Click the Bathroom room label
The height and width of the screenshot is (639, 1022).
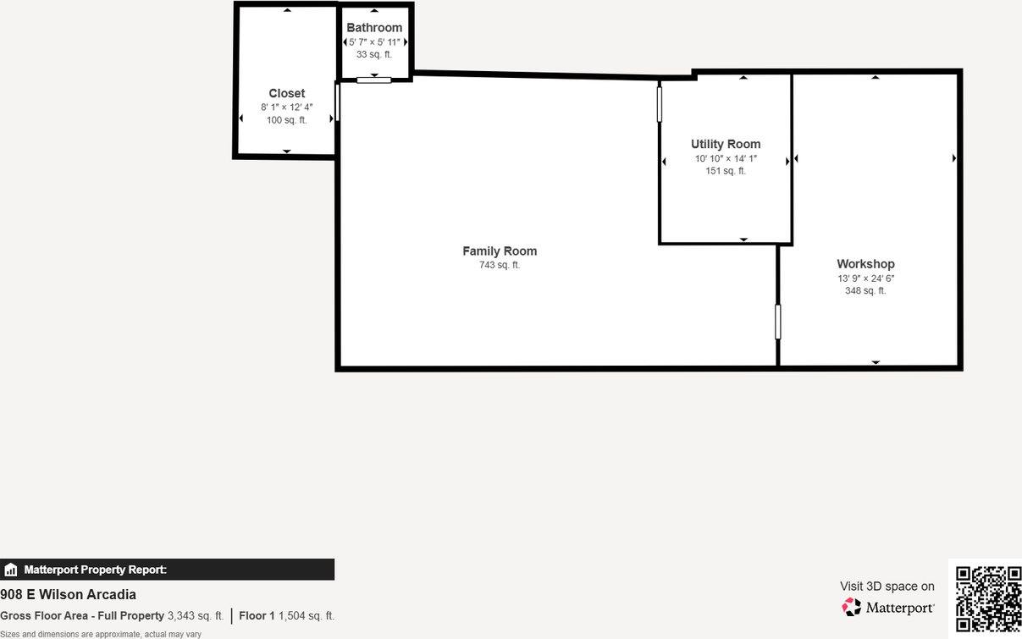[x=374, y=28]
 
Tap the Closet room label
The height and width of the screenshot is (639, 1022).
[x=287, y=94]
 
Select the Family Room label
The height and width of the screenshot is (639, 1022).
[x=500, y=251]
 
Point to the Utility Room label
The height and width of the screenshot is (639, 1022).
[x=726, y=145]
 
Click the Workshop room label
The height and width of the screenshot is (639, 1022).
[x=865, y=264]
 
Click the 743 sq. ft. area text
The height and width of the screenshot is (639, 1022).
[x=500, y=266]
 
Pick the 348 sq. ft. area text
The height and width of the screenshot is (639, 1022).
[x=865, y=291]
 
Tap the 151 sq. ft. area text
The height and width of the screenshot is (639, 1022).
[x=726, y=171]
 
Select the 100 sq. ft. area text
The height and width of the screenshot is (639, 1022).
[x=287, y=120]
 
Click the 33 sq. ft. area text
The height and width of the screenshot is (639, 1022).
[x=374, y=55]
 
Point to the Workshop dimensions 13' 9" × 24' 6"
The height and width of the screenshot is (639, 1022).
[x=865, y=278]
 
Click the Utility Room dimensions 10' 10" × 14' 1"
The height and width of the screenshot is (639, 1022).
[x=726, y=158]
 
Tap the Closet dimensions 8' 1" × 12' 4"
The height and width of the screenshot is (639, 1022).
[x=287, y=107]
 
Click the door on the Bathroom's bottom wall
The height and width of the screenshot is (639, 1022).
[x=373, y=80]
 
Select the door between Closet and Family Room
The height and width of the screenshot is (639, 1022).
[x=337, y=102]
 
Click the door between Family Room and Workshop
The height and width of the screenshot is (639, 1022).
[x=778, y=322]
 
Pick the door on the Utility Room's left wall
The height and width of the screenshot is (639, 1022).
[x=660, y=104]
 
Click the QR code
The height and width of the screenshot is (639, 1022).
[x=988, y=598]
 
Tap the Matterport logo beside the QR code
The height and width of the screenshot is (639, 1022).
[x=888, y=607]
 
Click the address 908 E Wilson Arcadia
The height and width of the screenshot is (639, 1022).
[x=69, y=595]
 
